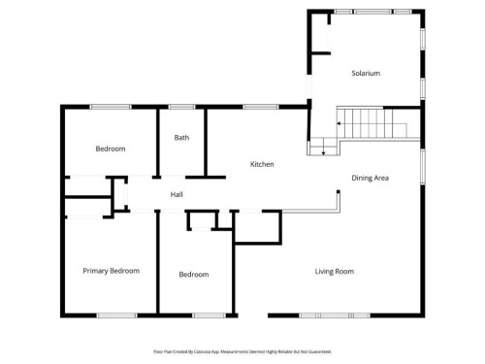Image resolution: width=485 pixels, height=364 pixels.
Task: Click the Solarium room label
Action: (365, 74)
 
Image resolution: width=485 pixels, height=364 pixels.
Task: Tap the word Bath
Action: (181, 138)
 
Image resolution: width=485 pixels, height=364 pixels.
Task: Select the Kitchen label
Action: (262, 165)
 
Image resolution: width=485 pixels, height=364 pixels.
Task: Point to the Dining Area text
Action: (370, 179)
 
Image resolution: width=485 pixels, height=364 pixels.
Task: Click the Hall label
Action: (177, 195)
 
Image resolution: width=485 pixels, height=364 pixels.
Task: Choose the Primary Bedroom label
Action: (111, 271)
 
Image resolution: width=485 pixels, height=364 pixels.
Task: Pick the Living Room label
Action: (334, 272)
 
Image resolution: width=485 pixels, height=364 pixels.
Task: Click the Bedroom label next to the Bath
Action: (110, 149)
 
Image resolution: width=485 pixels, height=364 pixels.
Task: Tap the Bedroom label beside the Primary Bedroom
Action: (194, 275)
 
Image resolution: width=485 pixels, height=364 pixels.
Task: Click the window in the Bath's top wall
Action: (181, 107)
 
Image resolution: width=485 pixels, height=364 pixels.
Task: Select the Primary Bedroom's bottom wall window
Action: (115, 314)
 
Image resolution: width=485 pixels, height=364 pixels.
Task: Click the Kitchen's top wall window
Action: (254, 107)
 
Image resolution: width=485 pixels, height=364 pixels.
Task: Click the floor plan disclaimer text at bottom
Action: (242, 351)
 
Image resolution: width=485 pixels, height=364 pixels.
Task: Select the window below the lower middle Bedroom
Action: (208, 314)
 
